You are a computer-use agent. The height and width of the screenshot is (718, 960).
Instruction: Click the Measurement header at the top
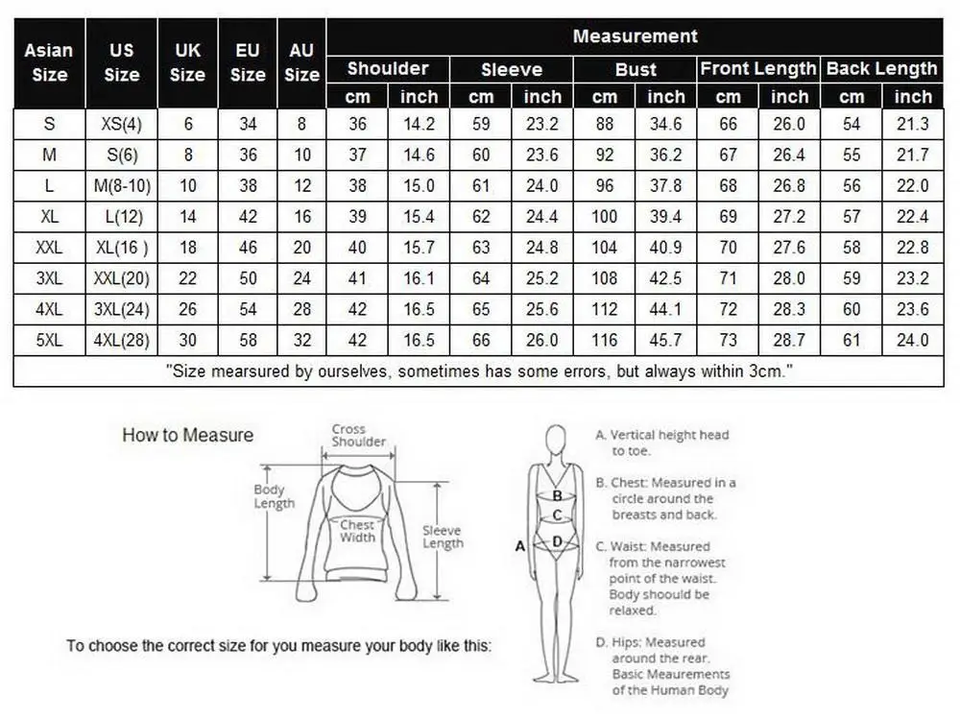coord(635,36)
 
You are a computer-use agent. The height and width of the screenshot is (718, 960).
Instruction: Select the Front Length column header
coord(758,69)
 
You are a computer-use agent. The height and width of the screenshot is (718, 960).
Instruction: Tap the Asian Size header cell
coord(49,62)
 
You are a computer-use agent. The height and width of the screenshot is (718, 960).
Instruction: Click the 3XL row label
coord(49,278)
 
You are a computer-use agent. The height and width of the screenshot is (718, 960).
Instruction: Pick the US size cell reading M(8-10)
coord(122,186)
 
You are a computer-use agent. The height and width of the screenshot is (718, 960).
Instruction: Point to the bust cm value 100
coord(604,217)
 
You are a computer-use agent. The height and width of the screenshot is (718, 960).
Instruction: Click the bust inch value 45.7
coord(665,341)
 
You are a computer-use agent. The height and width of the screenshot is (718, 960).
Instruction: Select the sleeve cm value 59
coord(481,124)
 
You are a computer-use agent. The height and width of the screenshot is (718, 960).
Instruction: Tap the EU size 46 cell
coord(248,248)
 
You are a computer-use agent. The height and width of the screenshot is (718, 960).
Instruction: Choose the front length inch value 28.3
coord(789,309)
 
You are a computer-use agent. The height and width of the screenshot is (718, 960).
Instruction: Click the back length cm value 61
coord(852,341)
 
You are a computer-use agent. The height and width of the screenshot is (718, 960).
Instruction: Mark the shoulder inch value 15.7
coord(419,248)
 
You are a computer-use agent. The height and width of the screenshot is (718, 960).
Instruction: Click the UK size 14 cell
coord(188,217)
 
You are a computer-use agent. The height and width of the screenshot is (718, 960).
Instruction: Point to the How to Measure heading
coord(187,435)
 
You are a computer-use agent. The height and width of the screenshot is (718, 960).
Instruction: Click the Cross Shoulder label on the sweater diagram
coord(358,435)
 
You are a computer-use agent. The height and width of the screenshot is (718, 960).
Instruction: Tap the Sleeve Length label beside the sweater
coord(443,537)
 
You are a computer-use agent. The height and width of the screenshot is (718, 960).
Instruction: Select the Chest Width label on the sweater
coord(357,532)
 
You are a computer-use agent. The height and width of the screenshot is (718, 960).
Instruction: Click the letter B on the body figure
coord(557,496)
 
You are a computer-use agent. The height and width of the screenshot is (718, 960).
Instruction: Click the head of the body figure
coord(556,440)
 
